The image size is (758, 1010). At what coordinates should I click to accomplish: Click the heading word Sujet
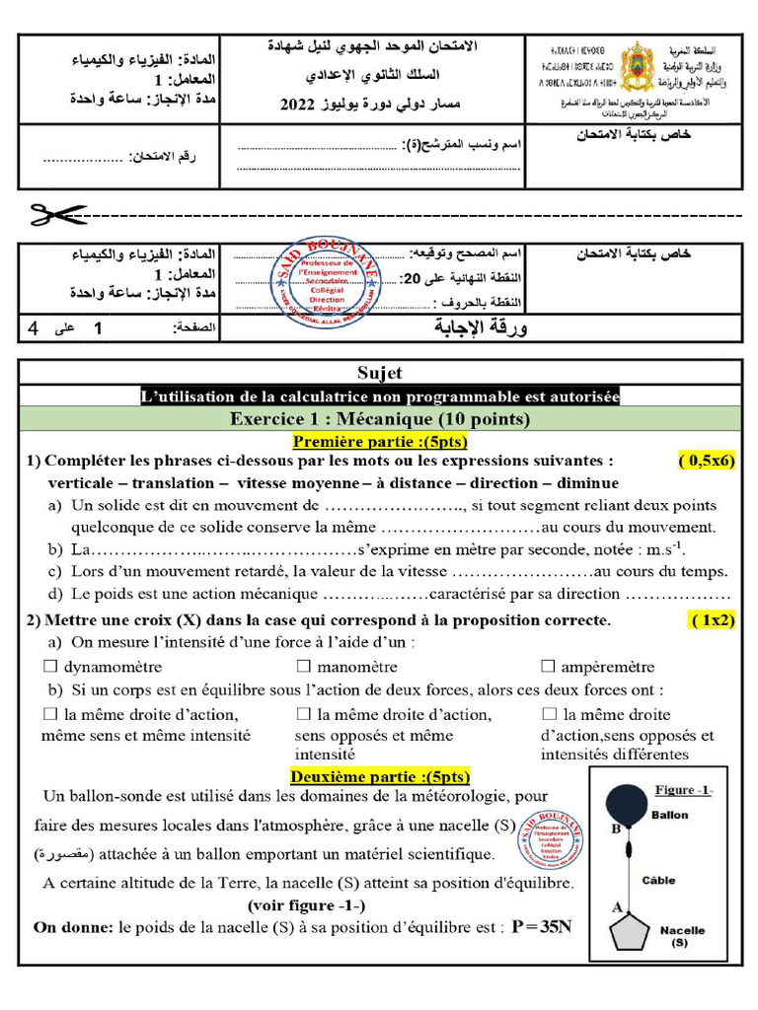coord(380,373)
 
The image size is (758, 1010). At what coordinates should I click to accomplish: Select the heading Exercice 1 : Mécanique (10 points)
coord(380,419)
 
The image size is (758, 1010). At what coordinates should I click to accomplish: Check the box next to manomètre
coord(304,667)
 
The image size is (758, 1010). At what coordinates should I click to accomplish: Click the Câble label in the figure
coord(659,880)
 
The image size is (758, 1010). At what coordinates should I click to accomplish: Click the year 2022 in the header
coord(298,104)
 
